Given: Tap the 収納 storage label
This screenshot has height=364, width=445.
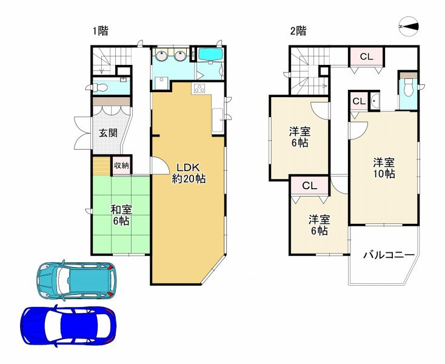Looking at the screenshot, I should coord(121,165).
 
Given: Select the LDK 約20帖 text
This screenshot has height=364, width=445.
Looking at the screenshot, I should coord(188,173).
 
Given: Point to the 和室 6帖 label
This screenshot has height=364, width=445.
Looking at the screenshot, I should coord(121,215).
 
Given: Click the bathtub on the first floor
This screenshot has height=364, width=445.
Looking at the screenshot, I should coord(211,55).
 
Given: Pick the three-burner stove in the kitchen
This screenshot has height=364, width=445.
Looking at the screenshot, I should coord(200,90).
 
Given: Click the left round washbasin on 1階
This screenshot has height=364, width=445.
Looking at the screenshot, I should coord(162,57).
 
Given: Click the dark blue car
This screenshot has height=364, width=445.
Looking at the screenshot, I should coord(68,325).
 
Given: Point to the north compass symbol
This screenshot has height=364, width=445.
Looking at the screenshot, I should coord(409,27).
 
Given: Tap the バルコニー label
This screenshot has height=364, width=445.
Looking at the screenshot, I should coord(388,255).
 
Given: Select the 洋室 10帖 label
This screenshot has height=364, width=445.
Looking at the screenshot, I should coord(383,168).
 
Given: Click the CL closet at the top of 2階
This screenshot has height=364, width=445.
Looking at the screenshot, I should coord(366,57).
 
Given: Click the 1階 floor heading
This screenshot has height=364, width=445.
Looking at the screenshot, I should coord(101,31).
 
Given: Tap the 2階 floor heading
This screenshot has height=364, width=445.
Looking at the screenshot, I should coord(297,31).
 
